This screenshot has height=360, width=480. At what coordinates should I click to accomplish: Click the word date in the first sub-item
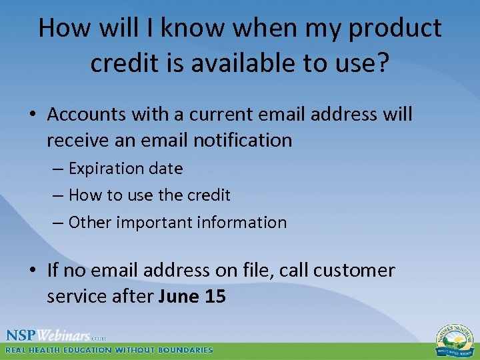click(x=167, y=169)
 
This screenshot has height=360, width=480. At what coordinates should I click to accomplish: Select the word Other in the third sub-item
click(x=90, y=223)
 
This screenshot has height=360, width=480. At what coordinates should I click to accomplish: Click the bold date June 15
click(x=193, y=297)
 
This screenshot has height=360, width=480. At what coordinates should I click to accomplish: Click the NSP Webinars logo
click(x=56, y=335)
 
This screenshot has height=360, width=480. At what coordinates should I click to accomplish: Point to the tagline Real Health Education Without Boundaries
click(x=109, y=350)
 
